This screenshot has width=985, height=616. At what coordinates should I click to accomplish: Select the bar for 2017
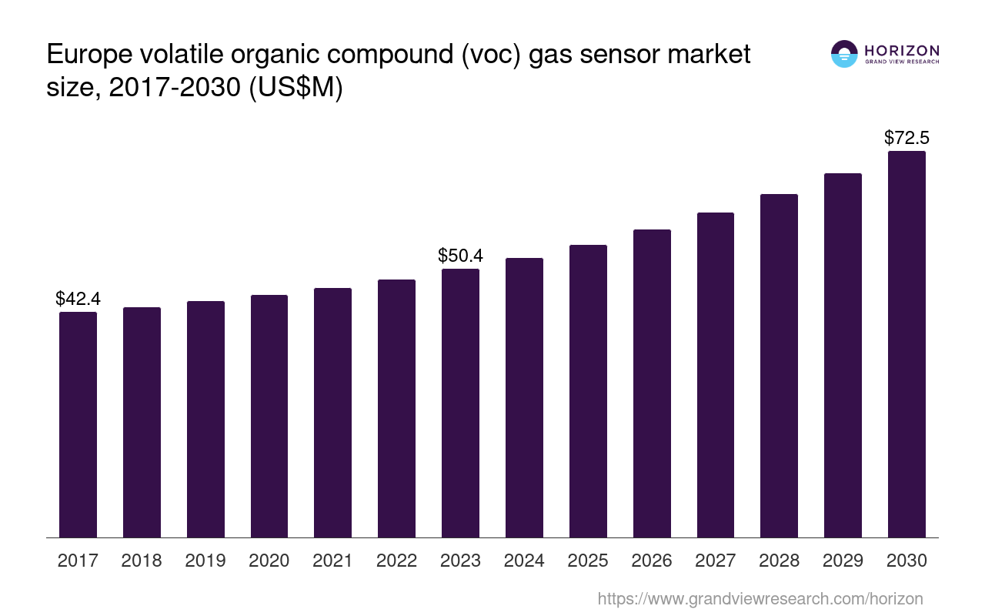click(x=78, y=424)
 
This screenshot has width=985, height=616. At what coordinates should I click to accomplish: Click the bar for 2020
click(x=269, y=416)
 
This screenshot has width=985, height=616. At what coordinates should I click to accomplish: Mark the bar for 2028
click(x=779, y=366)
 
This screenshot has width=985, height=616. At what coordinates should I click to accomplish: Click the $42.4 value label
click(x=78, y=299)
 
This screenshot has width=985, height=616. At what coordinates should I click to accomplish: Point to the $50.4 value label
click(x=460, y=256)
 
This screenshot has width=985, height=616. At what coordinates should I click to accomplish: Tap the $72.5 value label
click(x=907, y=138)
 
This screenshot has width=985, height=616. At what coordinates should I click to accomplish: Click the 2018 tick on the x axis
click(x=142, y=561)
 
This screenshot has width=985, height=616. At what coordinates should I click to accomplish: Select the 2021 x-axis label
click(x=333, y=561)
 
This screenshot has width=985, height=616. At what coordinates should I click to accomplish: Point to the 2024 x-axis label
click(x=524, y=561)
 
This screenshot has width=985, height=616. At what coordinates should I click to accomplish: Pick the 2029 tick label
click(x=843, y=561)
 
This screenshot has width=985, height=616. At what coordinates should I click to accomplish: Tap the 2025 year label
click(x=588, y=561)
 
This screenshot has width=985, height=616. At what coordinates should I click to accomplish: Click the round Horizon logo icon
click(x=844, y=54)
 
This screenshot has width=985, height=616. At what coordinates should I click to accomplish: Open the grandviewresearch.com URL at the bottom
click(x=760, y=598)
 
